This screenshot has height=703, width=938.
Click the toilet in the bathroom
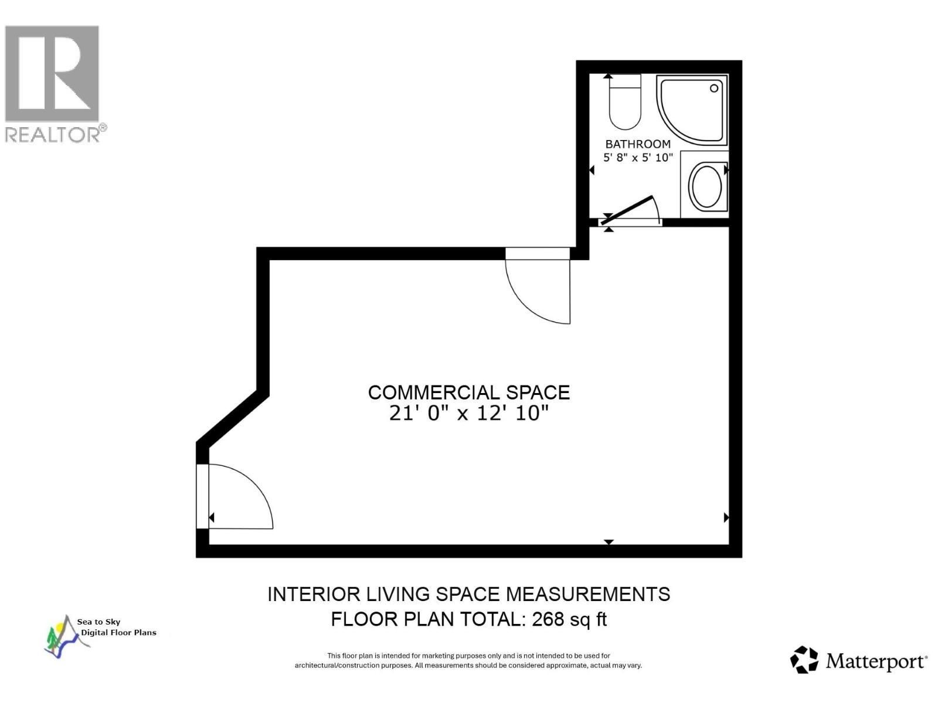point(625,104)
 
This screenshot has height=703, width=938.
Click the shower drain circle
point(714,88)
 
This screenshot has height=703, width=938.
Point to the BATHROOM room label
point(638,144)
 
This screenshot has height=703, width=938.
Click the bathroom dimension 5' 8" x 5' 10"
point(638,158)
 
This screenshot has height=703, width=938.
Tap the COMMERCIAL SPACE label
point(468,393)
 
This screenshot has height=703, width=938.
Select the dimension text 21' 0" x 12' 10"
point(468,414)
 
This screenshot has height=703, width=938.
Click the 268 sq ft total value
point(569,619)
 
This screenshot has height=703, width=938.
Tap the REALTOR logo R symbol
point(52,73)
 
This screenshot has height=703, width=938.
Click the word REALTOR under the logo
point(53,134)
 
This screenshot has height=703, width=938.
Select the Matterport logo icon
point(804,660)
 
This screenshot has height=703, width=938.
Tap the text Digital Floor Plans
point(118,633)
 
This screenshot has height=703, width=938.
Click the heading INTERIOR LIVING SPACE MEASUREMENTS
point(468,595)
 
